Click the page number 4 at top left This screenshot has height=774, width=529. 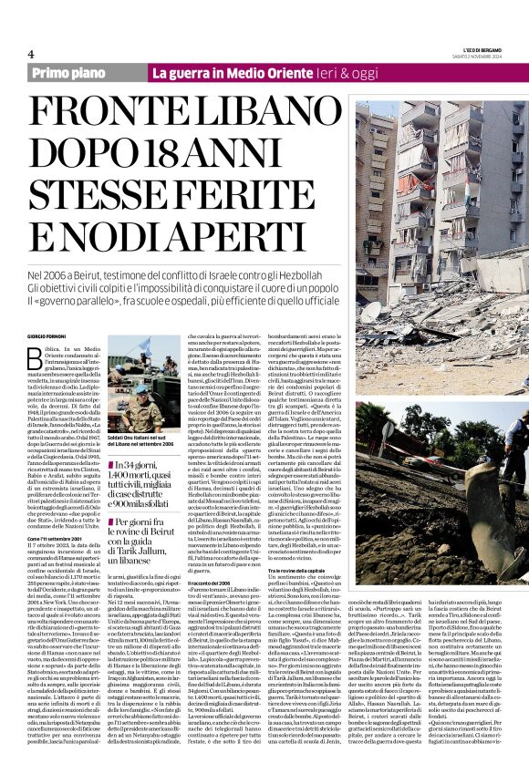[x=32, y=55]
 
